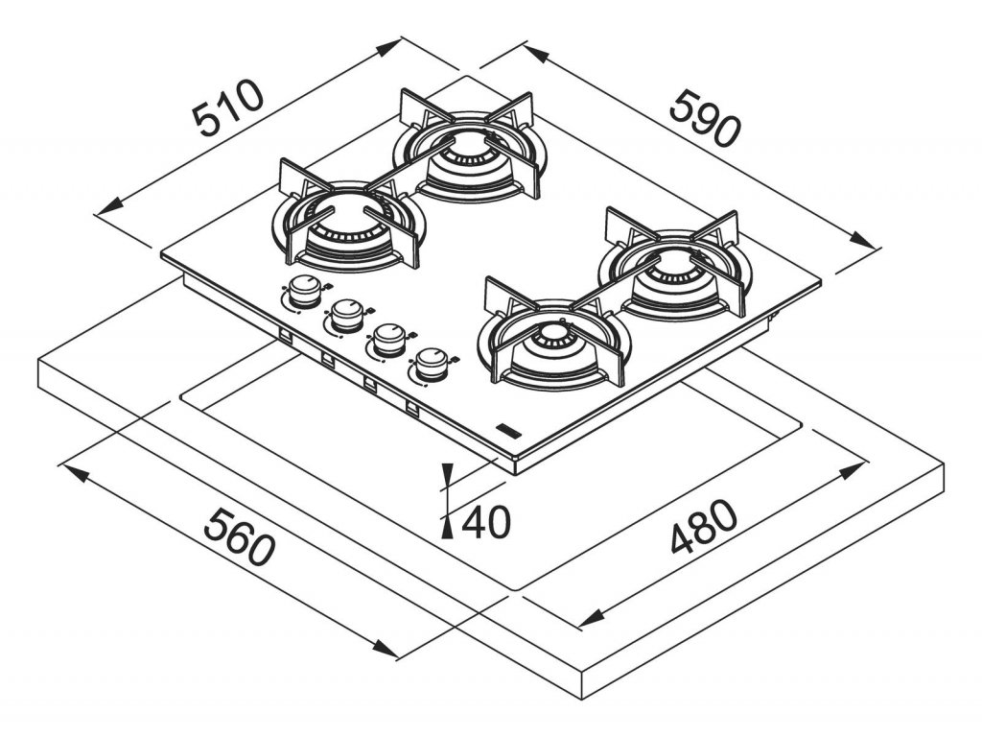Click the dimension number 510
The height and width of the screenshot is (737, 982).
pyautogui.click(x=227, y=107)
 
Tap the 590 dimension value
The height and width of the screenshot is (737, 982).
pyautogui.click(x=705, y=117)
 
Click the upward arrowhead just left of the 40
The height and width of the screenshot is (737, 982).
pyautogui.click(x=447, y=522)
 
